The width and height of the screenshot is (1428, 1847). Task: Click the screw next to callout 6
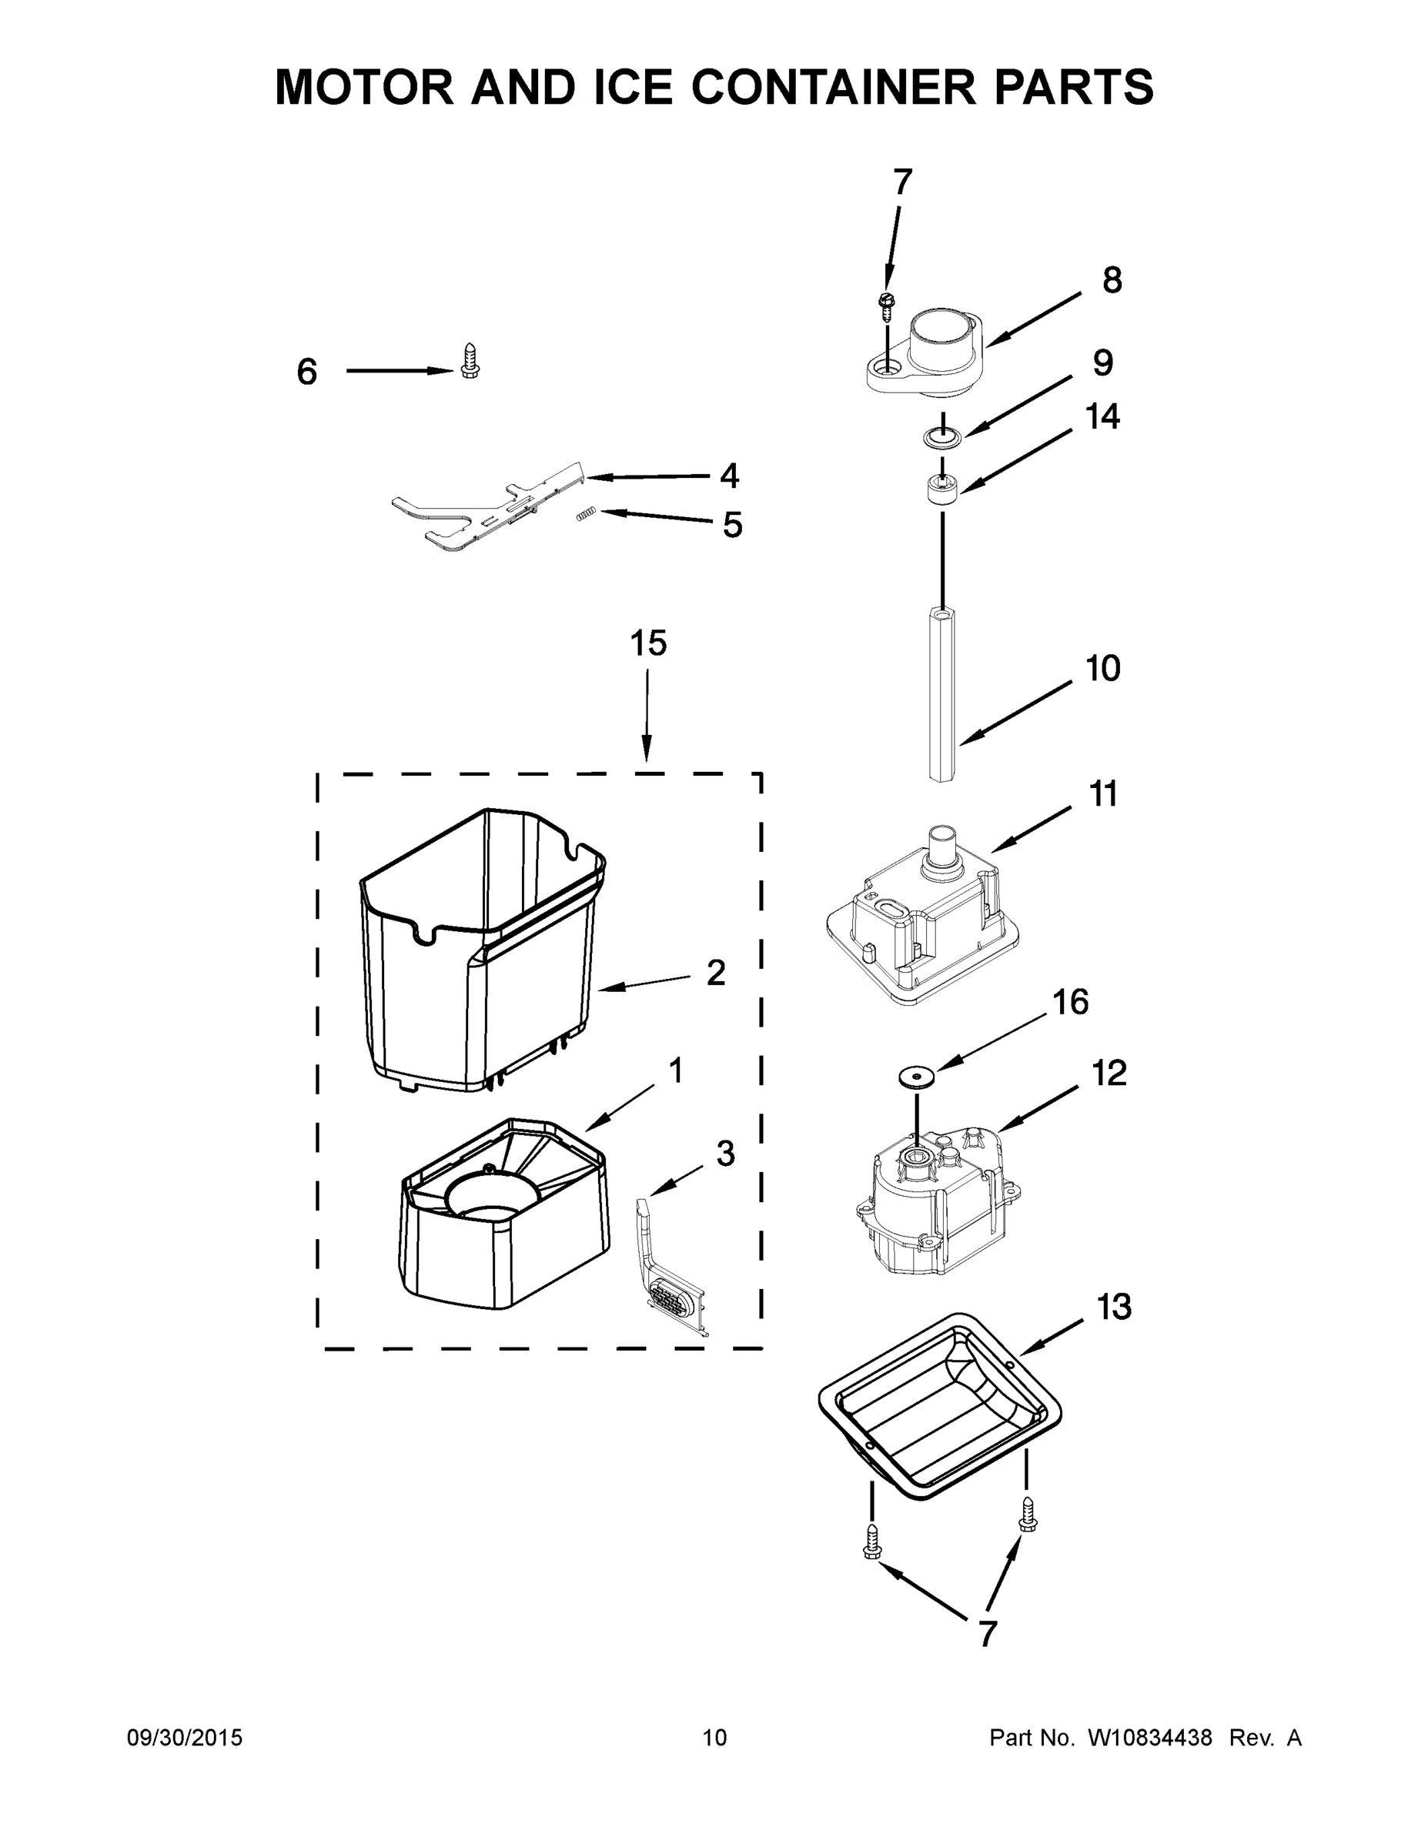click(470, 360)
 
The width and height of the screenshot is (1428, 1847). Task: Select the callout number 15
click(648, 643)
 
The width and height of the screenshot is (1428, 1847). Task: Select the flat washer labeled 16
click(917, 1076)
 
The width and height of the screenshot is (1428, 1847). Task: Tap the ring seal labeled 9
click(941, 437)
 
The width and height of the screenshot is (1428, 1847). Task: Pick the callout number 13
click(1113, 1307)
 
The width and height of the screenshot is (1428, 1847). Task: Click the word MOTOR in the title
click(365, 87)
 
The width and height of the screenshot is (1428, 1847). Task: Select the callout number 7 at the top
click(903, 181)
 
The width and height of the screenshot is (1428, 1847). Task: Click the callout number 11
click(1102, 794)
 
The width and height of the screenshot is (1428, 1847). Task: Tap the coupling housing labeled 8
click(926, 356)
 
